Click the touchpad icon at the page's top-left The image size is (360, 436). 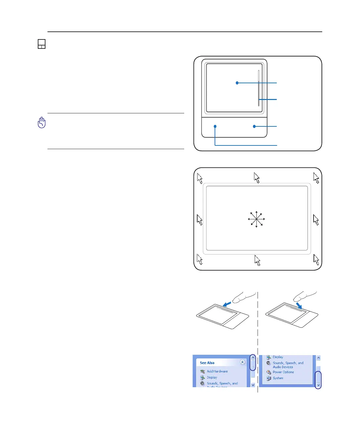tap(41, 44)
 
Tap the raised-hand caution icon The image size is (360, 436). tap(41, 123)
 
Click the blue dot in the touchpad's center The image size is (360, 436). tap(237, 83)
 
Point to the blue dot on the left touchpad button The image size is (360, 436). tap(215, 126)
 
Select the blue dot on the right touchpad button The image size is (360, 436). tap(254, 126)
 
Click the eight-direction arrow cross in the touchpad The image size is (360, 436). tap(256, 219)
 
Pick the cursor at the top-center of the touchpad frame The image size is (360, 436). tap(257, 178)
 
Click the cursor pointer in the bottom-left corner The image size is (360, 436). tap(200, 259)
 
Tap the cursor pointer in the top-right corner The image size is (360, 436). tap(316, 178)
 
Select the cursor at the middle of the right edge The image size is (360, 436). tap(316, 220)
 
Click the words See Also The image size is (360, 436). tap(207, 363)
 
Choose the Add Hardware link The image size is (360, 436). tap(217, 371)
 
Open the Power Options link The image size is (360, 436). tap(283, 372)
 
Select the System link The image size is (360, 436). tap(278, 378)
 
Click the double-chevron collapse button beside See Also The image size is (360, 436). tap(243, 362)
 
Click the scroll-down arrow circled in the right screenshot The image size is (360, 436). tap(318, 385)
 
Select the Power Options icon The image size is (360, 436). tap(269, 372)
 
